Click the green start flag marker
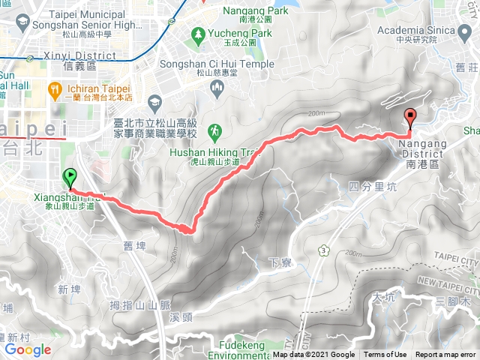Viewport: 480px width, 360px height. (x=70, y=178)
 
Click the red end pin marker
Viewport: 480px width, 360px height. (x=410, y=117)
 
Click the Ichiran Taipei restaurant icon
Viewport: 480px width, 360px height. (x=54, y=91)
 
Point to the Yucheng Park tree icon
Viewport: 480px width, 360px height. (x=197, y=34)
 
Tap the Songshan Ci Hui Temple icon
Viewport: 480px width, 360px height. (x=216, y=88)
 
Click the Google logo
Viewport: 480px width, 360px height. (x=28, y=349)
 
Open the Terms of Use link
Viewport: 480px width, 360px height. (x=385, y=355)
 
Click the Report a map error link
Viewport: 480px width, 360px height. (x=445, y=355)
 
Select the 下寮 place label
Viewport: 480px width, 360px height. (x=278, y=262)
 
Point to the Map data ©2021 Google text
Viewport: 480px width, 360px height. (x=314, y=355)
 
